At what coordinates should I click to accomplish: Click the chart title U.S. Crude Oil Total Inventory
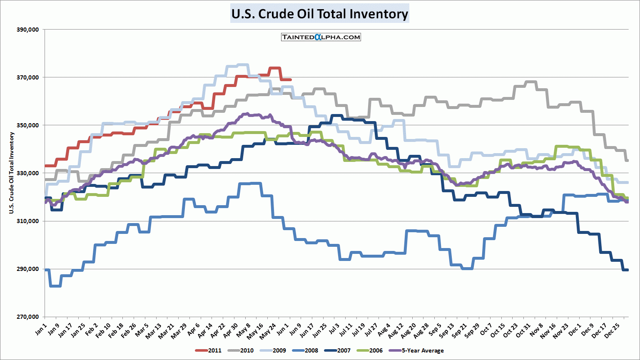pyautogui.click(x=319, y=14)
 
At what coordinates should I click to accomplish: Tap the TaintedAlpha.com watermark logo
pyautogui.click(x=321, y=37)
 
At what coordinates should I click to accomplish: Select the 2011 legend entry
pyautogui.click(x=209, y=350)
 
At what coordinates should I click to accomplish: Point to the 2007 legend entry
pyautogui.click(x=338, y=350)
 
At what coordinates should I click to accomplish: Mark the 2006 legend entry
pyautogui.click(x=370, y=350)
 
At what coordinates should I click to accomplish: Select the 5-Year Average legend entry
pyautogui.click(x=416, y=350)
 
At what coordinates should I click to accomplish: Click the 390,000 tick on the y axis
pyautogui.click(x=27, y=30)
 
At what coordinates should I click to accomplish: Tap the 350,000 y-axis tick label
pyautogui.click(x=27, y=125)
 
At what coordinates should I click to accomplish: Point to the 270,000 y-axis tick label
pyautogui.click(x=27, y=317)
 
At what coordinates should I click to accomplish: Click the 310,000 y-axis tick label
pyautogui.click(x=27, y=221)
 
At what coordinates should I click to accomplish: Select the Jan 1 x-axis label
pyautogui.click(x=40, y=329)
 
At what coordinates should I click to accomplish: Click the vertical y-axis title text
pyautogui.click(x=12, y=173)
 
